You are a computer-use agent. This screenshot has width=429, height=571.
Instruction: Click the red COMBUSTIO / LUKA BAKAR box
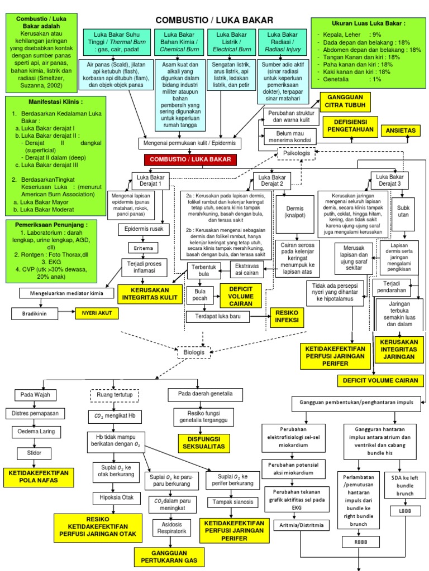tap(190, 160)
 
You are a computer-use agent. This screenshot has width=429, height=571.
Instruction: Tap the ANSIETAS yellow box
tap(402, 130)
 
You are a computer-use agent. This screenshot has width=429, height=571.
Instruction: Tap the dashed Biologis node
tap(194, 353)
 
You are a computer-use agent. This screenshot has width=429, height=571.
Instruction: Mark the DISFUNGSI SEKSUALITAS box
tap(201, 443)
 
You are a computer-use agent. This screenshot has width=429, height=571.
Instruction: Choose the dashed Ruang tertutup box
tap(115, 395)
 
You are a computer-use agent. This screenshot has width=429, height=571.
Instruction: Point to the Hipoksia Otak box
tap(112, 497)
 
